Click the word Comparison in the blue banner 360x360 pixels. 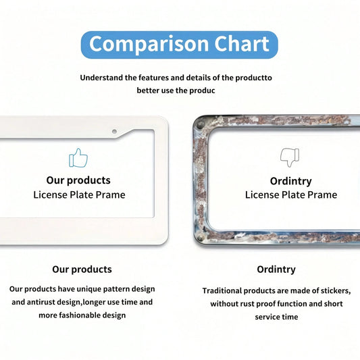pyautogui.click(x=149, y=44)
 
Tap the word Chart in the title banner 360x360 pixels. pyautogui.click(x=242, y=44)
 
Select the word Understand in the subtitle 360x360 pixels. pyautogui.click(x=102, y=78)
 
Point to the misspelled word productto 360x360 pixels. pyautogui.click(x=254, y=78)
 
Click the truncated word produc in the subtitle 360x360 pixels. pyautogui.click(x=202, y=91)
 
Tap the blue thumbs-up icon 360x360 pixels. pyautogui.click(x=78, y=158)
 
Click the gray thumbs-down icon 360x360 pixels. pyautogui.click(x=290, y=157)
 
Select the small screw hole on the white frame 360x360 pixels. pyautogui.click(x=114, y=132)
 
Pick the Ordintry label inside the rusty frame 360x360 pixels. pyautogui.click(x=290, y=181)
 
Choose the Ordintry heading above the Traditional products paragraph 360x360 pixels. pyautogui.click(x=276, y=269)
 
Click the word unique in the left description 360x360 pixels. pyautogui.click(x=89, y=289)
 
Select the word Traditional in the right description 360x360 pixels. pyautogui.click(x=222, y=290)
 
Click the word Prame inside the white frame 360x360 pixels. pyautogui.click(x=111, y=195)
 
